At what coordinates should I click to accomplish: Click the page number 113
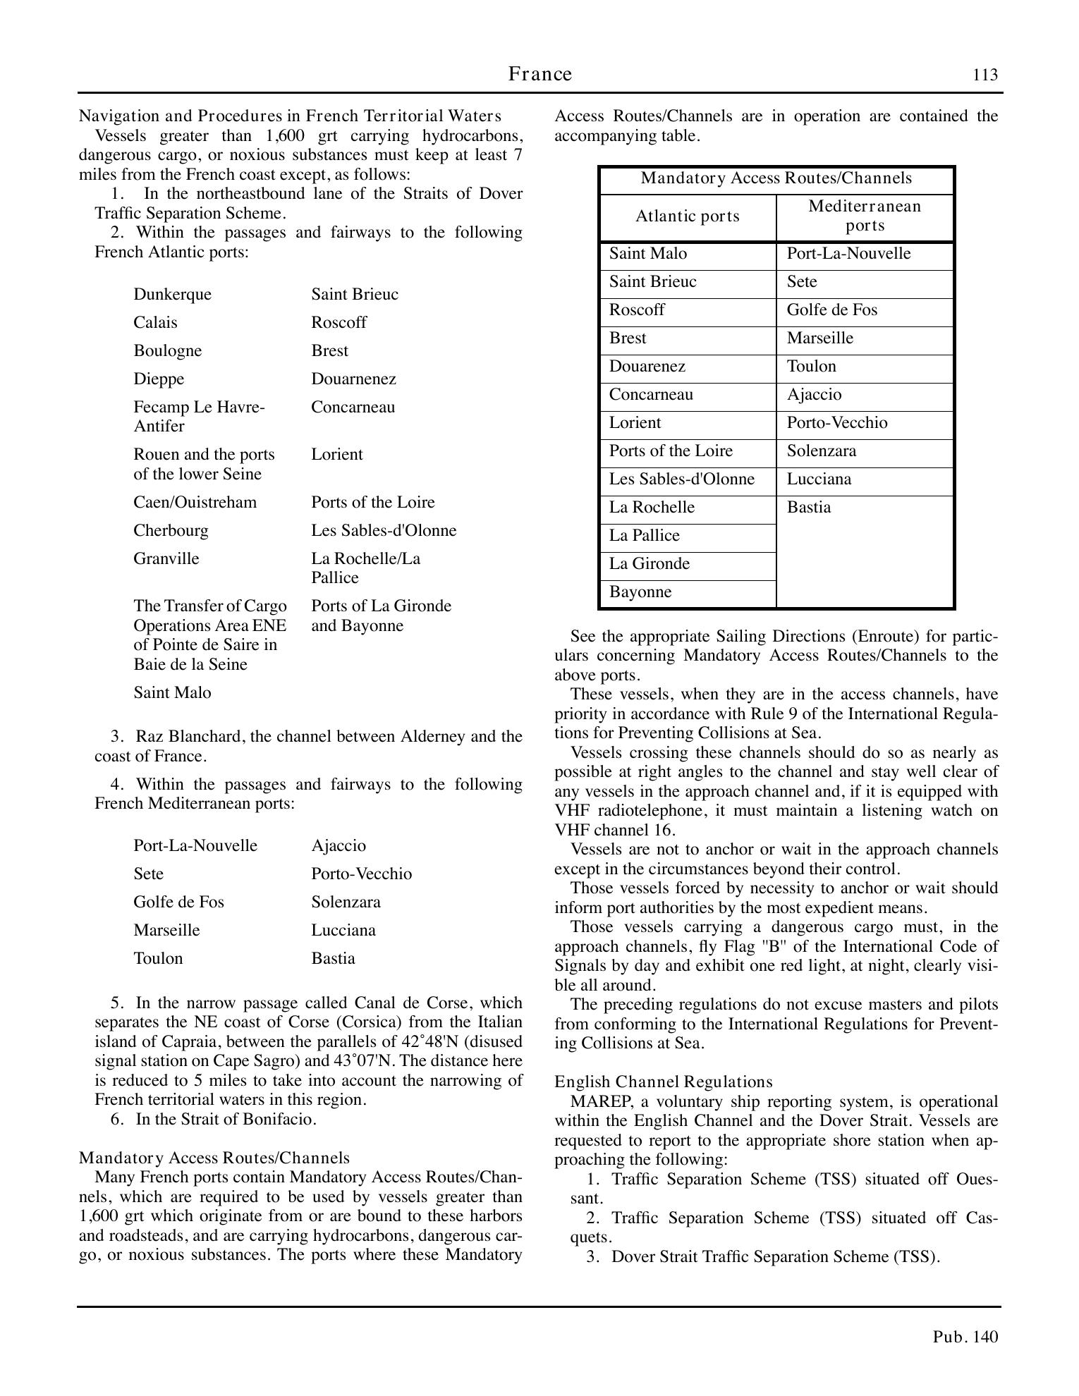click(985, 75)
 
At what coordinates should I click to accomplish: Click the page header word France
click(540, 74)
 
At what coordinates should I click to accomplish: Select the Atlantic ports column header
click(688, 216)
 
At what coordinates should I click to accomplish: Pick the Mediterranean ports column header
click(865, 216)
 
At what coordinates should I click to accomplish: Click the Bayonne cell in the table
click(640, 592)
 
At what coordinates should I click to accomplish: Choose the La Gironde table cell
click(650, 564)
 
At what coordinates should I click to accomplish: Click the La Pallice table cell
click(645, 536)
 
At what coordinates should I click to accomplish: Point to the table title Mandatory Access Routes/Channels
click(776, 178)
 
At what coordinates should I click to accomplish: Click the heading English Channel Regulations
click(663, 1082)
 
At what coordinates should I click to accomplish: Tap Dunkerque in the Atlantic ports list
click(172, 295)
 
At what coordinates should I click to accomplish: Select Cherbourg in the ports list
click(171, 531)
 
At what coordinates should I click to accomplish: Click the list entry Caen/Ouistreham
click(195, 503)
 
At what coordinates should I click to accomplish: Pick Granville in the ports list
click(166, 559)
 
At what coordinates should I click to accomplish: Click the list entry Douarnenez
click(353, 379)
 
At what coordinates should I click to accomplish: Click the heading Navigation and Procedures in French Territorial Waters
click(290, 116)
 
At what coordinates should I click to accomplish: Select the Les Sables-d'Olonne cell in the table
click(681, 479)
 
